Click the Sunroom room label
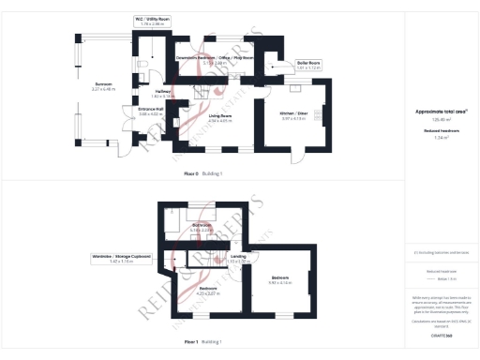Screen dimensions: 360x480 coord(103,87)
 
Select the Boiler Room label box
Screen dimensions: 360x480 coord(308,66)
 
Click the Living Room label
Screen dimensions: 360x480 coord(219,117)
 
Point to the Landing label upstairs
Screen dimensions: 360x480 coord(238,257)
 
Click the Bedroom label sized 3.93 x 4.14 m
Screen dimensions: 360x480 coord(281,280)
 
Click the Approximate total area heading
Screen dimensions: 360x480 coord(442,112)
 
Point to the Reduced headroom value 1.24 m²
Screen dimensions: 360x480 coord(441,136)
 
